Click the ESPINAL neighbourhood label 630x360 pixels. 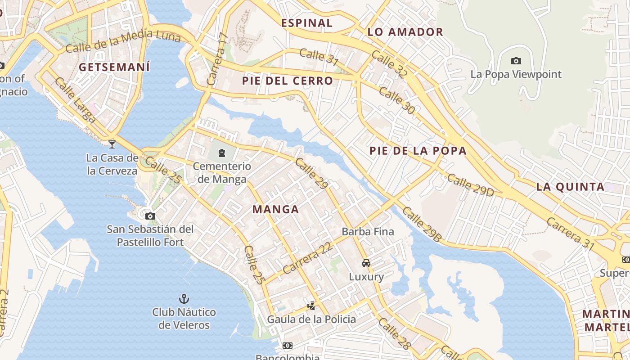[x=307, y=23]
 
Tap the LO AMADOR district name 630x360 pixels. [x=405, y=32]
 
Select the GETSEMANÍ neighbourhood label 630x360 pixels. [x=114, y=67]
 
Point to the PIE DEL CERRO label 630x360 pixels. [x=288, y=81]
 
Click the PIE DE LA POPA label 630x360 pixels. [x=418, y=151]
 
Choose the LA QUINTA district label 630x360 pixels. [x=570, y=187]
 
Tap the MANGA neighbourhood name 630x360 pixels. [x=276, y=209]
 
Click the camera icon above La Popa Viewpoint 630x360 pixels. [x=516, y=61]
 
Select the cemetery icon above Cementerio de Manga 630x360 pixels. [x=222, y=153]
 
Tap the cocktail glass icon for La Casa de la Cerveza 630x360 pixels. [x=112, y=144]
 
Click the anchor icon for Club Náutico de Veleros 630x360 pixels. [x=184, y=298]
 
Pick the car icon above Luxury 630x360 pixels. [x=366, y=263]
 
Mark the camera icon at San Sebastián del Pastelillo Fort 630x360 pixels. [x=150, y=216]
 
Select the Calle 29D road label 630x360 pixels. [x=470, y=185]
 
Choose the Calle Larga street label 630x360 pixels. [x=75, y=100]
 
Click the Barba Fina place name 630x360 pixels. [x=368, y=232]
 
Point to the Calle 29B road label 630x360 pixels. [x=422, y=224]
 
